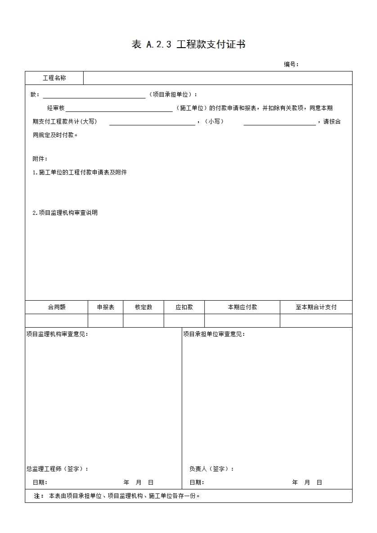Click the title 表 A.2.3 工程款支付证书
click(188, 44)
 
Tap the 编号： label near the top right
click(291, 64)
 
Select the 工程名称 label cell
click(54, 78)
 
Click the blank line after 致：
click(94, 95)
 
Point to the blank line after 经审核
click(119, 109)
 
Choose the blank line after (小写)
click(279, 122)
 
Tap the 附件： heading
click(40, 159)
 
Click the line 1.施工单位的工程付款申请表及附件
click(80, 172)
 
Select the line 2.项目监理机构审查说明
click(65, 213)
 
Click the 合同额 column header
click(57, 307)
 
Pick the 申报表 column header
click(106, 307)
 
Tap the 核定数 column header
click(144, 307)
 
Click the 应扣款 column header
click(184, 307)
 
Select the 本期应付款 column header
click(242, 307)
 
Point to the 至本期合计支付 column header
click(316, 307)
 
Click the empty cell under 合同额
click(57, 320)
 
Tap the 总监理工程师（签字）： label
click(57, 469)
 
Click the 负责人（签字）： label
click(211, 469)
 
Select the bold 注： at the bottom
click(39, 496)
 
